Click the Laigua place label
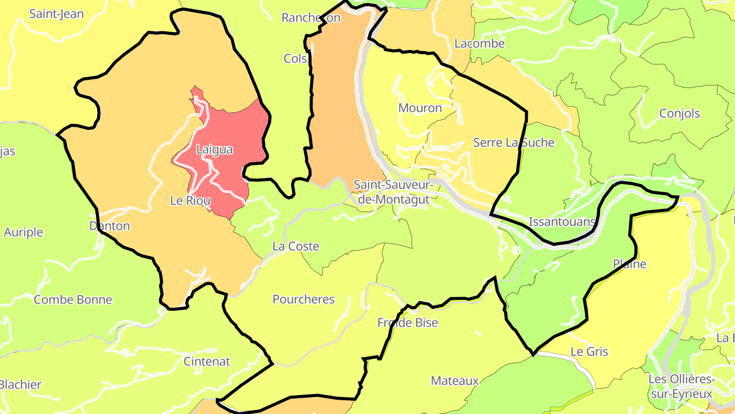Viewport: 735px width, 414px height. [214, 150]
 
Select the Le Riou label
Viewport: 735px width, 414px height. [190, 201]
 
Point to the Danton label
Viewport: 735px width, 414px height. [109, 226]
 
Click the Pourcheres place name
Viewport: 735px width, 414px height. [303, 300]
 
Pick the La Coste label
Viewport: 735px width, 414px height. [296, 246]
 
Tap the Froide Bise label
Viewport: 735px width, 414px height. [407, 323]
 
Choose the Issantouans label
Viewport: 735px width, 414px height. [562, 222]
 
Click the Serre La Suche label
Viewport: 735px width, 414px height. [513, 143]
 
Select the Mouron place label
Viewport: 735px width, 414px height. [420, 108]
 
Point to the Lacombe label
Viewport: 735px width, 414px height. [479, 43]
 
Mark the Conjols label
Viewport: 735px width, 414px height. [679, 113]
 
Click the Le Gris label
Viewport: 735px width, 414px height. [589, 352]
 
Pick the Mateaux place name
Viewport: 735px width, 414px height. [454, 381]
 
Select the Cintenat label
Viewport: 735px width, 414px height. [207, 361]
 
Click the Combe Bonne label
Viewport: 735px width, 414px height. [72, 300]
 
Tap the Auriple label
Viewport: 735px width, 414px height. [23, 232]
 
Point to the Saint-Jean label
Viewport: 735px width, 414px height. [56, 14]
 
